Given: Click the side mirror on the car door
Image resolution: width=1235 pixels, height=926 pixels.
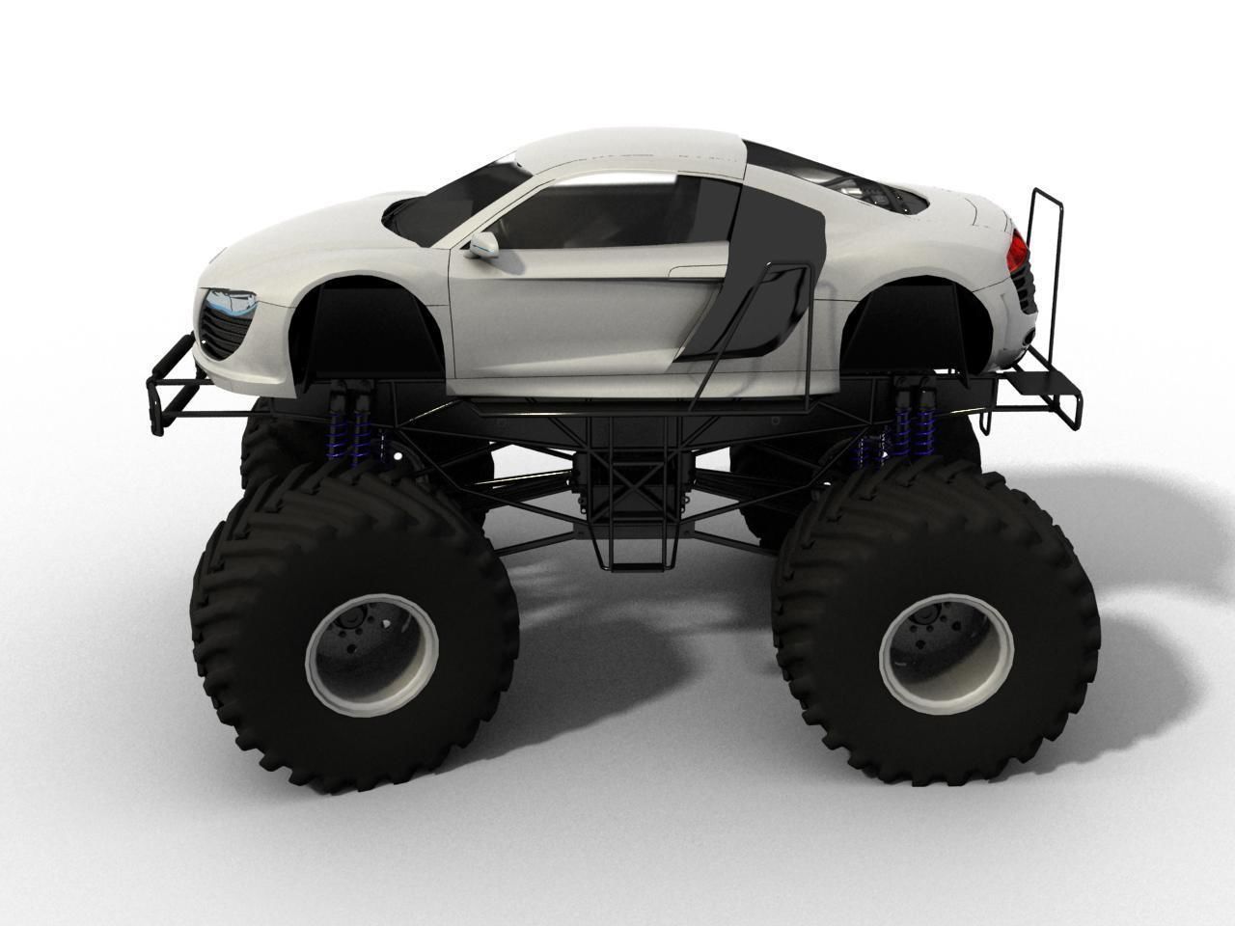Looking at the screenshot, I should point(481,245).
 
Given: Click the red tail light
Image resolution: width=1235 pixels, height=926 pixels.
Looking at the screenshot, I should point(1016,251).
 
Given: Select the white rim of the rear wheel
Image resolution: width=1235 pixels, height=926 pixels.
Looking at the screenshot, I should point(946,643).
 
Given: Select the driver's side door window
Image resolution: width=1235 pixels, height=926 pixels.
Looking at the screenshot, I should point(617,216).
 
